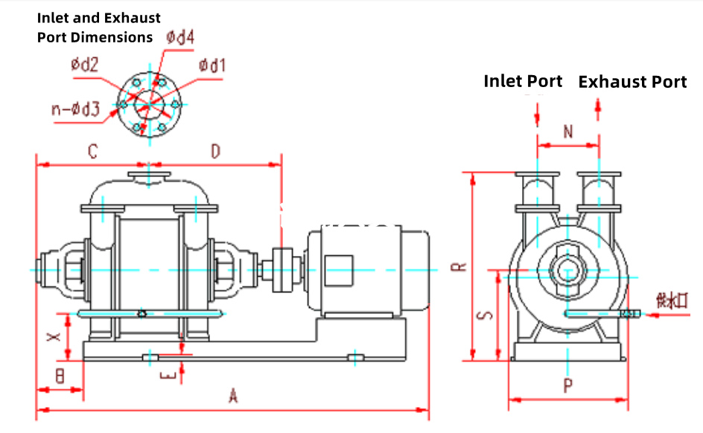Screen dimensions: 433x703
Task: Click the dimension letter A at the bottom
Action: coord(233,397)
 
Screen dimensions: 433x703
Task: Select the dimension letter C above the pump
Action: coord(92,153)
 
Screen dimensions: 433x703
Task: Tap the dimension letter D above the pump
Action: coord(215,153)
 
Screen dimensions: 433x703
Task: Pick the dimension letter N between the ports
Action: coord(568,132)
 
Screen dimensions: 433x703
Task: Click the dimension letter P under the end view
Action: coord(567,385)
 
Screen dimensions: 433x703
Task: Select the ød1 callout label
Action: coord(211,66)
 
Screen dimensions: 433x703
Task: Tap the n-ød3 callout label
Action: coord(75,109)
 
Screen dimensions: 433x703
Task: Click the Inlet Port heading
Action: coord(523,80)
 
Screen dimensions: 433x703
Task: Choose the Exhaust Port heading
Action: coord(632,82)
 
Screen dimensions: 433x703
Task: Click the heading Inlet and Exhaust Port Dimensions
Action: coord(98,28)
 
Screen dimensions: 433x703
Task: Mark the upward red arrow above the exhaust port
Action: coord(598,108)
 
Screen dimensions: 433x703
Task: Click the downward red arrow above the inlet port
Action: coord(537,114)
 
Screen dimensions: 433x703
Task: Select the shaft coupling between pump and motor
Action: coord(282,268)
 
